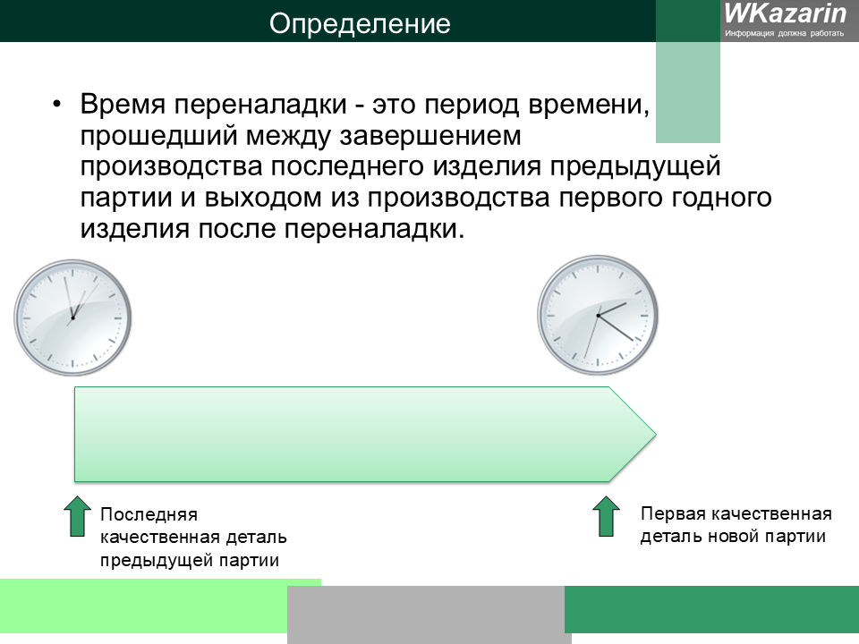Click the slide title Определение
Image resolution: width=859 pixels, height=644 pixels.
[x=360, y=24]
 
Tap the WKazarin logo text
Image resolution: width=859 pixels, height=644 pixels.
[x=785, y=13]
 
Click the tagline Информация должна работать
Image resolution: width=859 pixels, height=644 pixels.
[x=785, y=33]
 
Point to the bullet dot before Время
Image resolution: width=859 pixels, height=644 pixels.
[x=57, y=105]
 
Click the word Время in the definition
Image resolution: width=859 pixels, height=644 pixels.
[x=123, y=104]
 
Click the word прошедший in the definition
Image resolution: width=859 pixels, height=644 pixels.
[x=158, y=136]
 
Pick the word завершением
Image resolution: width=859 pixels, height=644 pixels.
[x=430, y=136]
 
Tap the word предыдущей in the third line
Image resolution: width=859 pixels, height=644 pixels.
[x=635, y=167]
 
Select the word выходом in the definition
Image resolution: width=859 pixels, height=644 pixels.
[x=263, y=198]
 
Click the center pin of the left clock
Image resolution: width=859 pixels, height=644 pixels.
[x=72, y=318]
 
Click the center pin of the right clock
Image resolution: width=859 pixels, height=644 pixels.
[x=598, y=316]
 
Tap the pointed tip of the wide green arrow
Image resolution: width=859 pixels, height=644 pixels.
[x=656, y=435]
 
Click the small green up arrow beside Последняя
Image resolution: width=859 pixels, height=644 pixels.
[x=77, y=516]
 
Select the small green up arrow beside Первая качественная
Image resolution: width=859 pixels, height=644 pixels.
[x=606, y=516]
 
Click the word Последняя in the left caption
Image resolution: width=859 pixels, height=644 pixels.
[x=149, y=515]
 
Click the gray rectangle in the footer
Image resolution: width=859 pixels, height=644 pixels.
[x=428, y=614]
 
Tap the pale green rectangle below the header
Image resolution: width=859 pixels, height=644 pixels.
[x=688, y=92]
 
